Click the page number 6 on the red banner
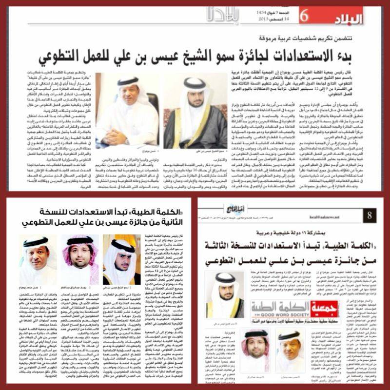tap(304, 17)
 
